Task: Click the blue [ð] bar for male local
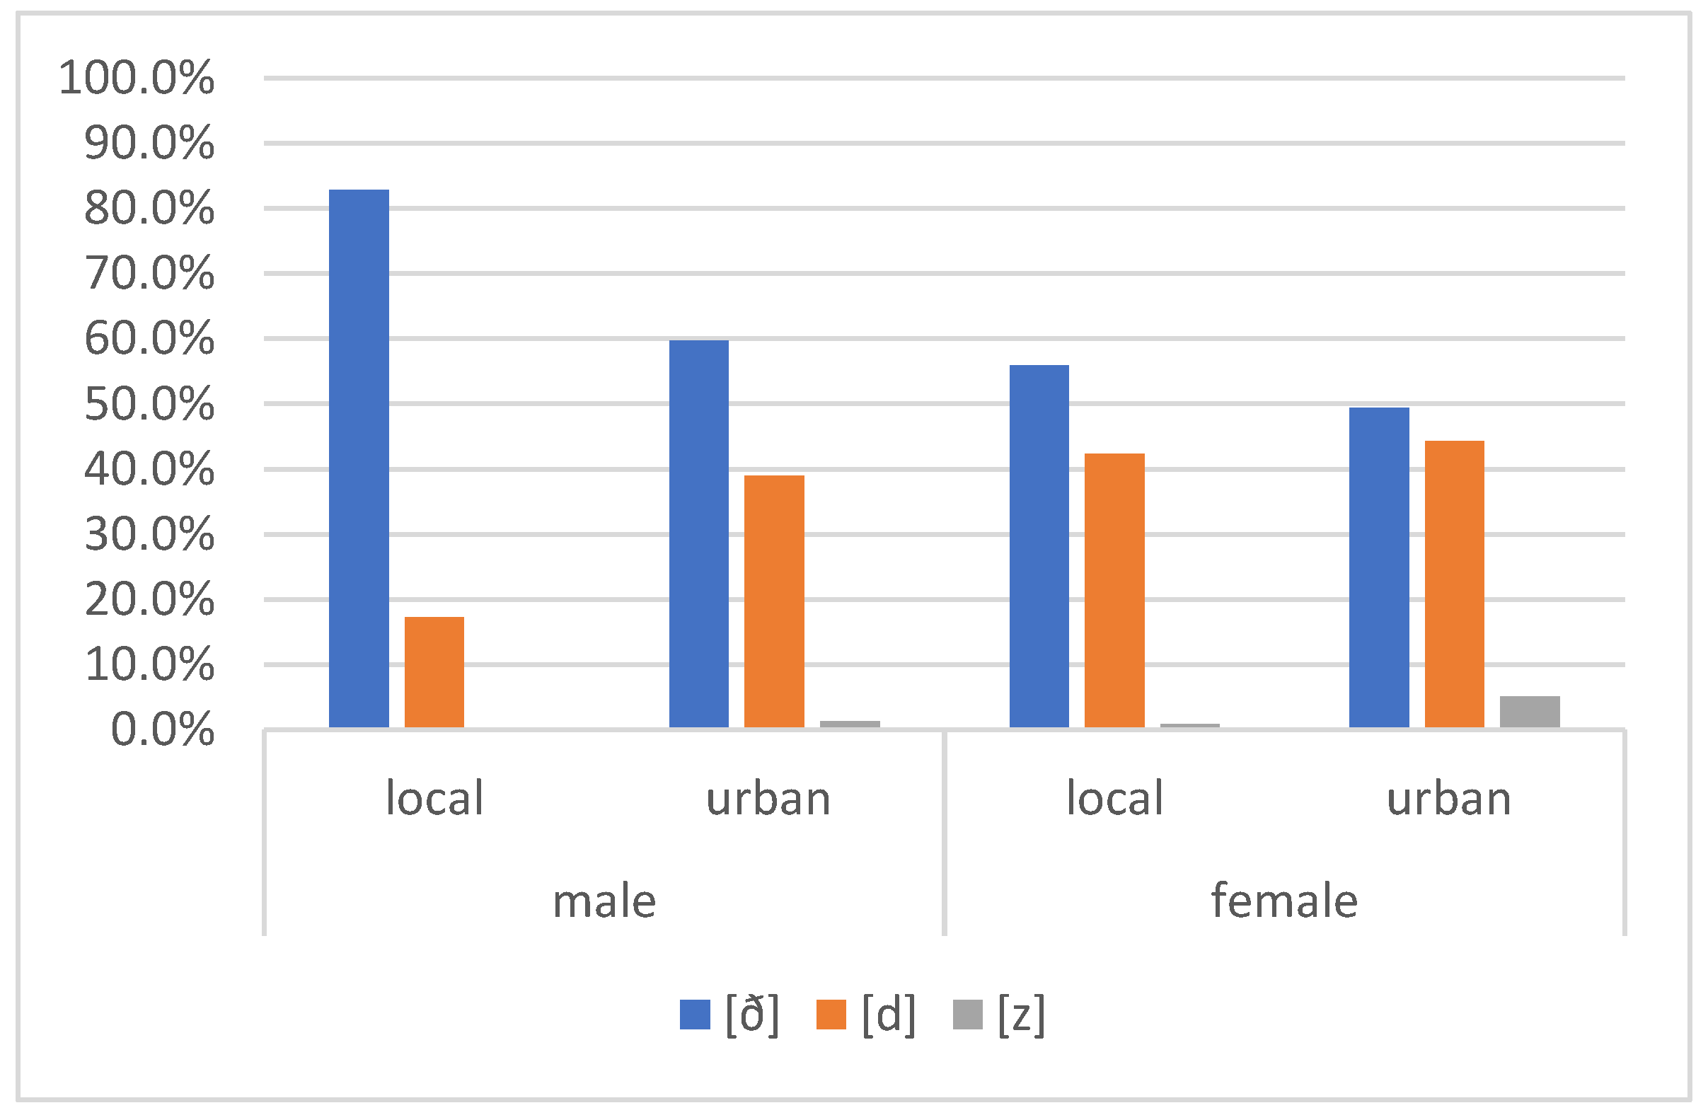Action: tap(359, 459)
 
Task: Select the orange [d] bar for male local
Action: tap(434, 672)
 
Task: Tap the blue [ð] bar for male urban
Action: tap(699, 535)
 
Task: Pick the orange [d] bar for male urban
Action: tap(774, 602)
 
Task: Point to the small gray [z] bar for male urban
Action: tap(850, 724)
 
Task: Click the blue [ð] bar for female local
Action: tap(1039, 547)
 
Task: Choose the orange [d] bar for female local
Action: tap(1114, 591)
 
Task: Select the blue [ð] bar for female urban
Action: tap(1379, 568)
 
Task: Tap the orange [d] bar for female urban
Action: tap(1455, 585)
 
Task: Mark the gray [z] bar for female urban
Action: tap(1530, 712)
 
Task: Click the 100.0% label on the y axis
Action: tap(137, 78)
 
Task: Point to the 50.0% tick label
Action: tap(149, 404)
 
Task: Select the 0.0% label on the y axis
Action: tap(162, 730)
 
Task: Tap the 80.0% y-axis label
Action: tap(149, 209)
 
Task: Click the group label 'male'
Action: tap(604, 901)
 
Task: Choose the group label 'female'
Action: tap(1285, 901)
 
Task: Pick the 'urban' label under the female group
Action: tap(1449, 799)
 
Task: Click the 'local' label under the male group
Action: tap(434, 799)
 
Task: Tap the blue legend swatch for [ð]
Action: tap(695, 1015)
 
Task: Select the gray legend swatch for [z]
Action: tap(967, 1015)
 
